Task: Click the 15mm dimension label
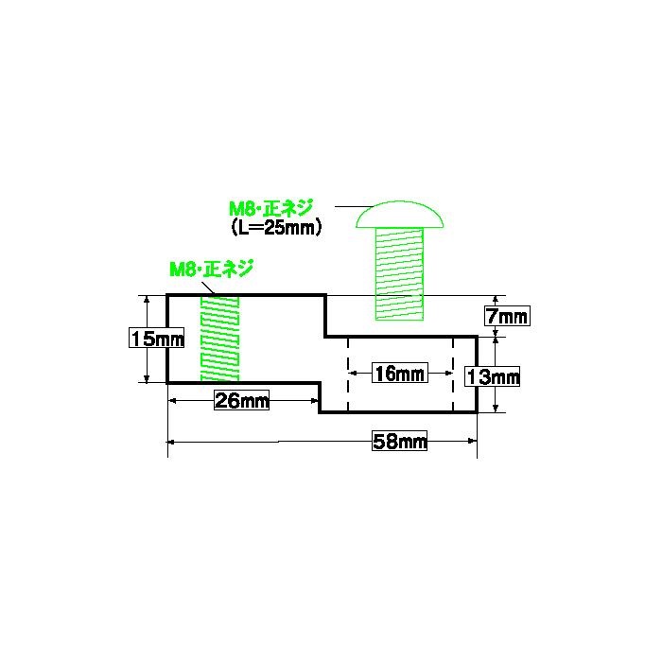coord(157,338)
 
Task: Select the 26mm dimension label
coord(241,400)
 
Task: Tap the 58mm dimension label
coord(399,442)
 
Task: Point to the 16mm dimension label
coord(400,373)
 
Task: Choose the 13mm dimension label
coord(493,376)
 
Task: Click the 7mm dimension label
coord(507,316)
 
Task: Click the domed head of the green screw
coord(399,215)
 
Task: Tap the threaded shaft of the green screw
coord(399,273)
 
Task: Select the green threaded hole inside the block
coord(219,339)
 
